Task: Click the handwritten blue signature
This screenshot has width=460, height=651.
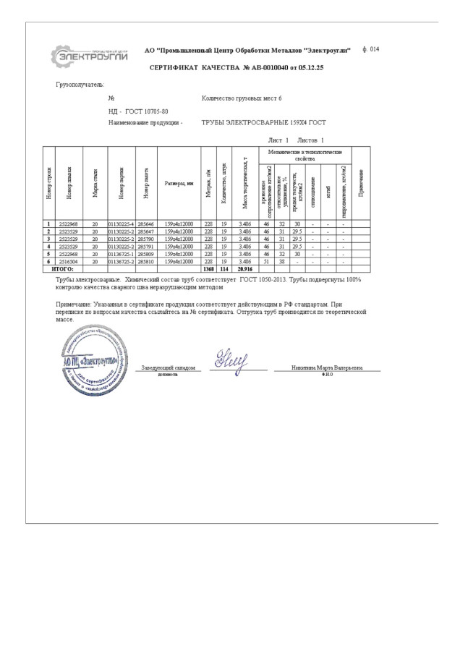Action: point(231,357)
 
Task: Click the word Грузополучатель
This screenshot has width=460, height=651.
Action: point(80,85)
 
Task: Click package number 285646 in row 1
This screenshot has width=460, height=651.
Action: point(146,225)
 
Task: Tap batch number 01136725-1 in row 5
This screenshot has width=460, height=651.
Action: point(122,254)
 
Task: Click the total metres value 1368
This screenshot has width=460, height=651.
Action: point(208,268)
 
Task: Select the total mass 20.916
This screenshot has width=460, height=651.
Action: point(244,268)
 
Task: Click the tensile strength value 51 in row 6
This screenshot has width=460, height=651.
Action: point(266,261)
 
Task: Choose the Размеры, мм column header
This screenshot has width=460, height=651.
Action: point(179,183)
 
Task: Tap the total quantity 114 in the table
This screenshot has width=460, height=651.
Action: point(224,268)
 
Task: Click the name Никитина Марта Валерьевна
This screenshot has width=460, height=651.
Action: point(327,368)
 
